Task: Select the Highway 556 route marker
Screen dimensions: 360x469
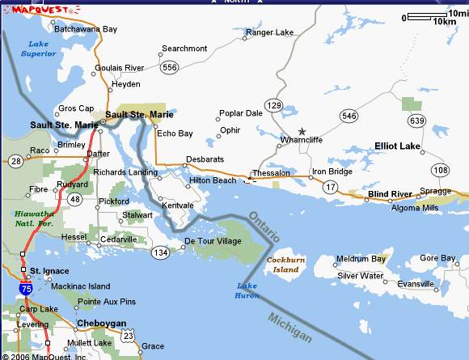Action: click(169, 67)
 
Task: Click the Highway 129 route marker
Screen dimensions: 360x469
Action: click(275, 105)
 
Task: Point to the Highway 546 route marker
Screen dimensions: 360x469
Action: click(349, 116)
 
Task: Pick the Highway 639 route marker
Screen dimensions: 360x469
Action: click(416, 121)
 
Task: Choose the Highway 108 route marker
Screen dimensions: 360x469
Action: click(441, 169)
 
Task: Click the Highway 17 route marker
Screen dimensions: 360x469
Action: click(329, 187)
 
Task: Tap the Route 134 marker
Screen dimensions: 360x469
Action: click(161, 253)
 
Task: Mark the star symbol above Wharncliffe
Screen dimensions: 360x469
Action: click(302, 131)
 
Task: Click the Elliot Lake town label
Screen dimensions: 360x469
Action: click(397, 146)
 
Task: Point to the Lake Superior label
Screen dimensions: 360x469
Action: click(38, 49)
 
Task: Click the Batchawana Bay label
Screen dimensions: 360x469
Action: click(86, 29)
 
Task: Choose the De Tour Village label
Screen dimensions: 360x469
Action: click(213, 241)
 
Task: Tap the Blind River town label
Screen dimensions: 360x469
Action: click(390, 194)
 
